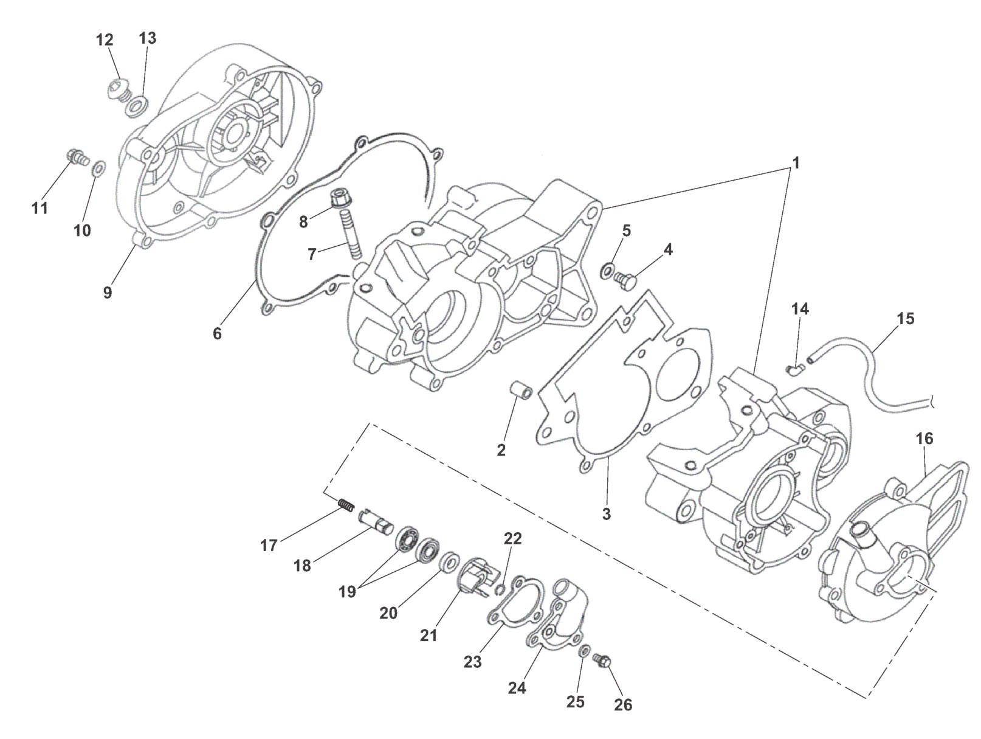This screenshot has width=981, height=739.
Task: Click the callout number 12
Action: [x=105, y=40]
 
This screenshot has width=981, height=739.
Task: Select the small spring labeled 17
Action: [x=345, y=504]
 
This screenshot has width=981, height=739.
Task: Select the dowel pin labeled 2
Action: [x=521, y=390]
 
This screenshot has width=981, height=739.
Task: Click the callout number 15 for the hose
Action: [x=905, y=319]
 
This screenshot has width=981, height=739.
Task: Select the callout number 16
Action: [x=924, y=439]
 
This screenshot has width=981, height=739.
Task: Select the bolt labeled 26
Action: [x=605, y=661]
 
